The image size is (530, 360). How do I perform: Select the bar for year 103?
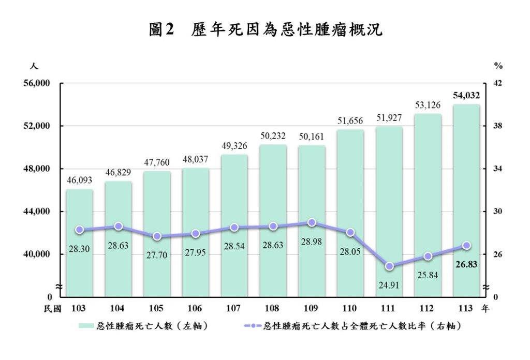click(x=79, y=243)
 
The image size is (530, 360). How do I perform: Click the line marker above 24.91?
click(x=389, y=266)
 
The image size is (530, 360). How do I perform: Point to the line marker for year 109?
click(x=312, y=222)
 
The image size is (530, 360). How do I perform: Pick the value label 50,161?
click(x=312, y=138)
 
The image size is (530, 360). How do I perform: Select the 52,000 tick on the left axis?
click(x=35, y=126)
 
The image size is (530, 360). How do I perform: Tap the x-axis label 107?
click(x=234, y=308)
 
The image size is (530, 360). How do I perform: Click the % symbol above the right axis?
click(x=498, y=66)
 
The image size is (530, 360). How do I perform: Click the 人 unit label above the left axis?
click(x=34, y=66)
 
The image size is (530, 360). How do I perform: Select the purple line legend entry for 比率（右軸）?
click(x=352, y=326)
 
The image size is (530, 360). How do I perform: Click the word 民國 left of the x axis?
click(x=53, y=308)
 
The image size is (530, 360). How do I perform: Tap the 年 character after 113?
click(x=485, y=308)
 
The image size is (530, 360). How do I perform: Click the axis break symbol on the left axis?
click(x=60, y=286)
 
